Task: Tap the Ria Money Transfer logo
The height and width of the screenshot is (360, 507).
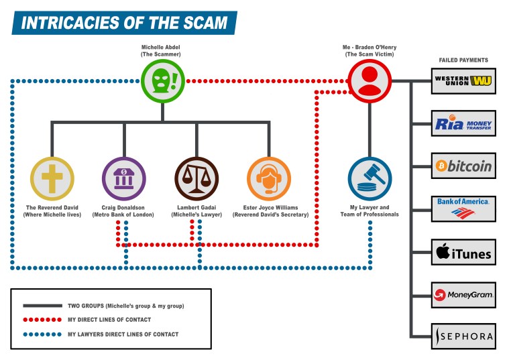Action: tap(463, 123)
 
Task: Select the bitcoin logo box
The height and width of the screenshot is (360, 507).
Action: tap(463, 166)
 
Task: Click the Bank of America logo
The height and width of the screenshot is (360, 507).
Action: tap(463, 209)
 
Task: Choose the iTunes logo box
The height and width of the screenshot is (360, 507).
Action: tap(463, 253)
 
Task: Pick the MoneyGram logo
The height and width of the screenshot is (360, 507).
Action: tap(463, 294)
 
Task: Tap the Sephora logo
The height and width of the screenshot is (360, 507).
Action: tap(463, 336)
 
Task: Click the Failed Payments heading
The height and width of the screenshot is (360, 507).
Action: tap(463, 60)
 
